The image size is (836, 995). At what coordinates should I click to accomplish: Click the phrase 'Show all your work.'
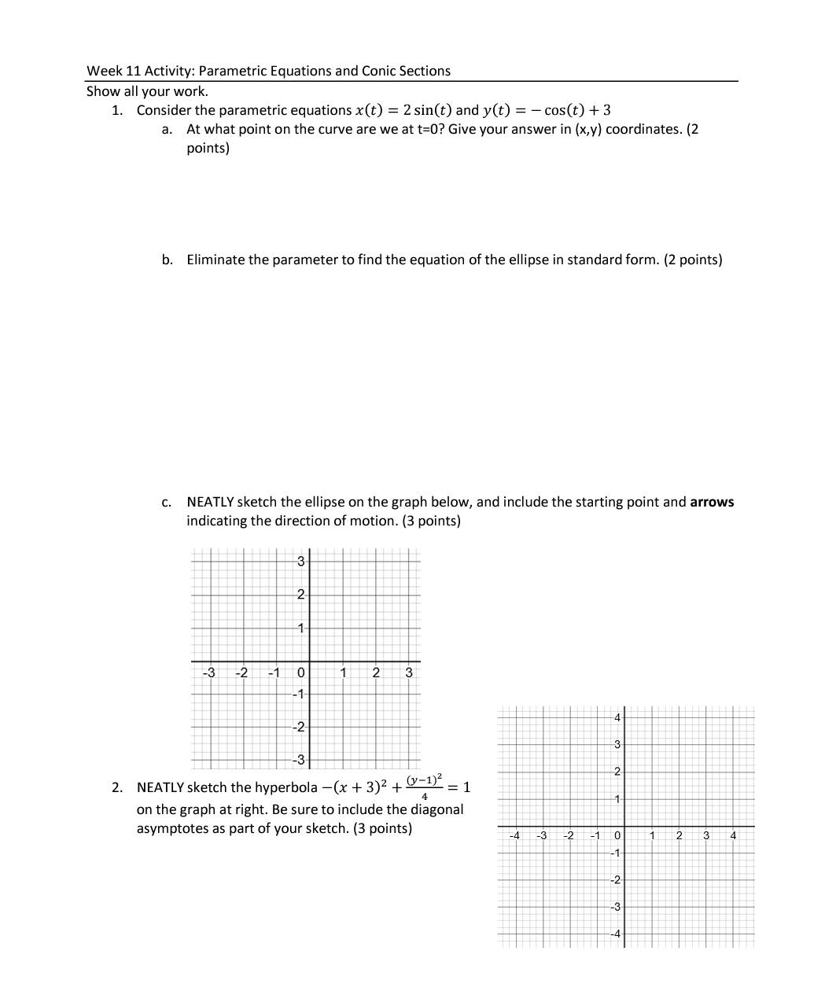coord(147,91)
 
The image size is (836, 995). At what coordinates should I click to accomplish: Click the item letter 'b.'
coord(168,260)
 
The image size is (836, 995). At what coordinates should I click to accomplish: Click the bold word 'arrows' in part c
coord(711,502)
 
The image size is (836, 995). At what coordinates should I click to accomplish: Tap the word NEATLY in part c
coord(210,502)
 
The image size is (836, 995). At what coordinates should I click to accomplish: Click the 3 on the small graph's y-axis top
coord(300,561)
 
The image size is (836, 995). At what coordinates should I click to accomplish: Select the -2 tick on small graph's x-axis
coord(242,673)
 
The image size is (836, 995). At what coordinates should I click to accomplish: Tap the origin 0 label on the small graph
coord(300,673)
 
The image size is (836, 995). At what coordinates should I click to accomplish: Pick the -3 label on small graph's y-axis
coord(299,760)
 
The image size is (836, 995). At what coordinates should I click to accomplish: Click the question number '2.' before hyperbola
coord(117,787)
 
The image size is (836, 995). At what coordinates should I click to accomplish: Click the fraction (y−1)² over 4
coord(425,787)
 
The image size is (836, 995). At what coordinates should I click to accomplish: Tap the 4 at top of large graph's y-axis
coord(617,717)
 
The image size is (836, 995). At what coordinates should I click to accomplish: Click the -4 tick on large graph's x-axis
coord(514,835)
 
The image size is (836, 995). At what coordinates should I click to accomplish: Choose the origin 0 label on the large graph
coord(617,835)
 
